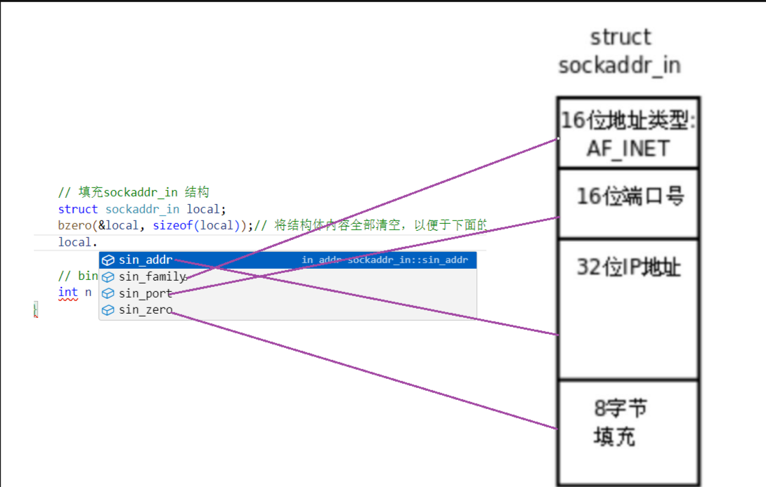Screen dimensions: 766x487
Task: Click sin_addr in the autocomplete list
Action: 145,260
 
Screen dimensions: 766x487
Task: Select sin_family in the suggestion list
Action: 152,276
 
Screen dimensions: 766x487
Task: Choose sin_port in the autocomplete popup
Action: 145,293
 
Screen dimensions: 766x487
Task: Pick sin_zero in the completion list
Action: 145,309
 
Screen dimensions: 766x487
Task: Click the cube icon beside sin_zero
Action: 108,309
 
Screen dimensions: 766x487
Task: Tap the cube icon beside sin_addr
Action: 108,260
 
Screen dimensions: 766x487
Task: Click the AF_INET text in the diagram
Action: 628,149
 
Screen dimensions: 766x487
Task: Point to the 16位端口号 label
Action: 630,196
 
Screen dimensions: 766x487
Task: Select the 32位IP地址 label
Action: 628,267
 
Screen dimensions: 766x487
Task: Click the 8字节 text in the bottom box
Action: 621,408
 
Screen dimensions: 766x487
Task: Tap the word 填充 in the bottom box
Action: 614,436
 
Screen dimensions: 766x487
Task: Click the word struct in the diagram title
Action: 620,37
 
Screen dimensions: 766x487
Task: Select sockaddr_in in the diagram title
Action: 619,65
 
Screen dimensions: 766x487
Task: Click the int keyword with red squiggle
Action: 67,292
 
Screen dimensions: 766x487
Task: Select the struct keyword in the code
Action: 78,209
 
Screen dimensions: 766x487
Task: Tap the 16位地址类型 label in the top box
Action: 627,121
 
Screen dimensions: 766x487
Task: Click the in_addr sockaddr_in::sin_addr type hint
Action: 384,260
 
